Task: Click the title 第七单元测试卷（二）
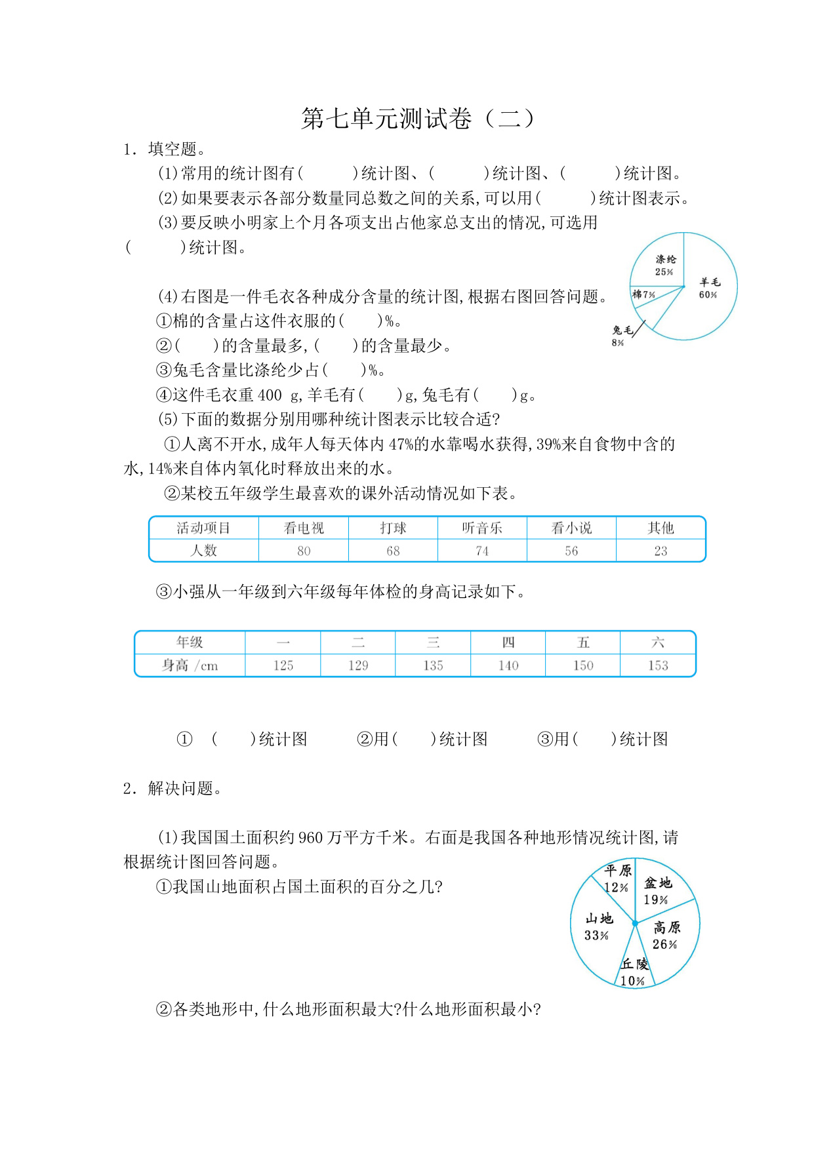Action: pyautogui.click(x=418, y=119)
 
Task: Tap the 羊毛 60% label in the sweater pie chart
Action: pyautogui.click(x=708, y=288)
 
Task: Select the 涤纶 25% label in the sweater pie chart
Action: pyautogui.click(x=664, y=266)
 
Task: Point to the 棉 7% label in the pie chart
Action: pyautogui.click(x=643, y=294)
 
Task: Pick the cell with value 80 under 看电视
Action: pyautogui.click(x=304, y=551)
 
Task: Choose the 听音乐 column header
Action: pyautogui.click(x=482, y=528)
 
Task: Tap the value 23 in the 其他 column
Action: pyautogui.click(x=661, y=551)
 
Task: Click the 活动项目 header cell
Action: pyautogui.click(x=203, y=528)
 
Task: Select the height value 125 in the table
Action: pyautogui.click(x=283, y=665)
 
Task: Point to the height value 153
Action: pyautogui.click(x=658, y=665)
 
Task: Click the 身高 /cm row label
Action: pyautogui.click(x=190, y=665)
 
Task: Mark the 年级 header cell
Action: pyautogui.click(x=190, y=643)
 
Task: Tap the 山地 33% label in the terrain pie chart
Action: pyautogui.click(x=598, y=926)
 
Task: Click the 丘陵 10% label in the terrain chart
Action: pyautogui.click(x=634, y=972)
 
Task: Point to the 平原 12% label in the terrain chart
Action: pyautogui.click(x=617, y=879)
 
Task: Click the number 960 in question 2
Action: pyautogui.click(x=311, y=838)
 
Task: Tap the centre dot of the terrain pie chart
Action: pyautogui.click(x=635, y=923)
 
